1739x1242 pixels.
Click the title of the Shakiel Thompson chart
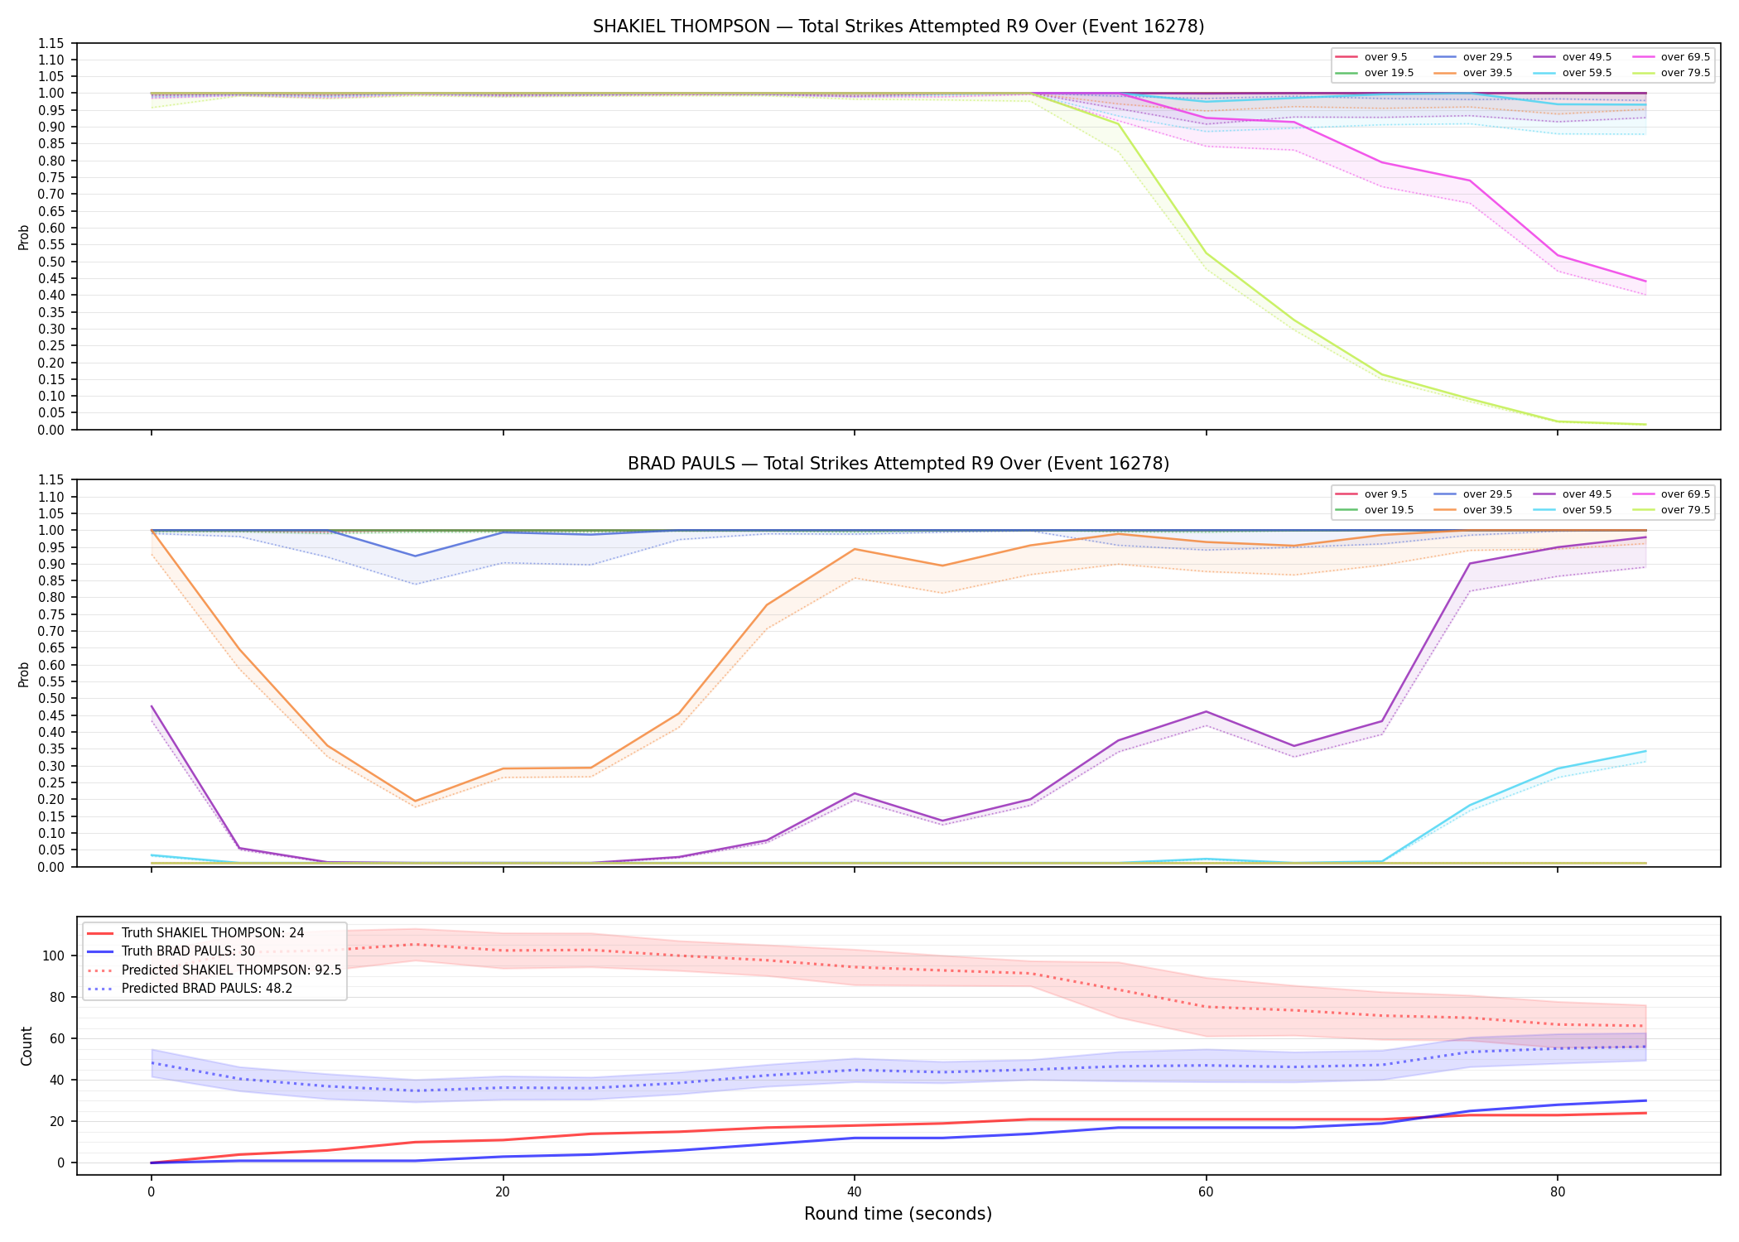(898, 26)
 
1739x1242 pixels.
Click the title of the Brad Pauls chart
(898, 464)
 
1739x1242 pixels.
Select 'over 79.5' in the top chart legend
(1685, 73)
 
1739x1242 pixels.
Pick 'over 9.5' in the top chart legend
(1385, 57)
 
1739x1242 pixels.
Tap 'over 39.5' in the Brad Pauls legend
(1487, 510)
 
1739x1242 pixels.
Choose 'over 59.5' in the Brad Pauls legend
(1587, 510)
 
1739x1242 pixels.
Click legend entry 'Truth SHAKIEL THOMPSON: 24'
(213, 933)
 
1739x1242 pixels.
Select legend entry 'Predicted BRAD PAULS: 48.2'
(207, 989)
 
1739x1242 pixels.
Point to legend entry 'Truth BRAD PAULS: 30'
(188, 951)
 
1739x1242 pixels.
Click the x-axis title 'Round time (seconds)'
(898, 1214)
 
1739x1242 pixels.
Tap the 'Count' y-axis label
(26, 1046)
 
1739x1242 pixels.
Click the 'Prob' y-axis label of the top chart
(24, 237)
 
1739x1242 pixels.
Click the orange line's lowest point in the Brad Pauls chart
(415, 802)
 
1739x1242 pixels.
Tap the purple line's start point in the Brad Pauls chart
(152, 706)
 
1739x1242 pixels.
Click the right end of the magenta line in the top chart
(1645, 282)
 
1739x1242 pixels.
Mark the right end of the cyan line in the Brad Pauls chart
(1645, 751)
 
